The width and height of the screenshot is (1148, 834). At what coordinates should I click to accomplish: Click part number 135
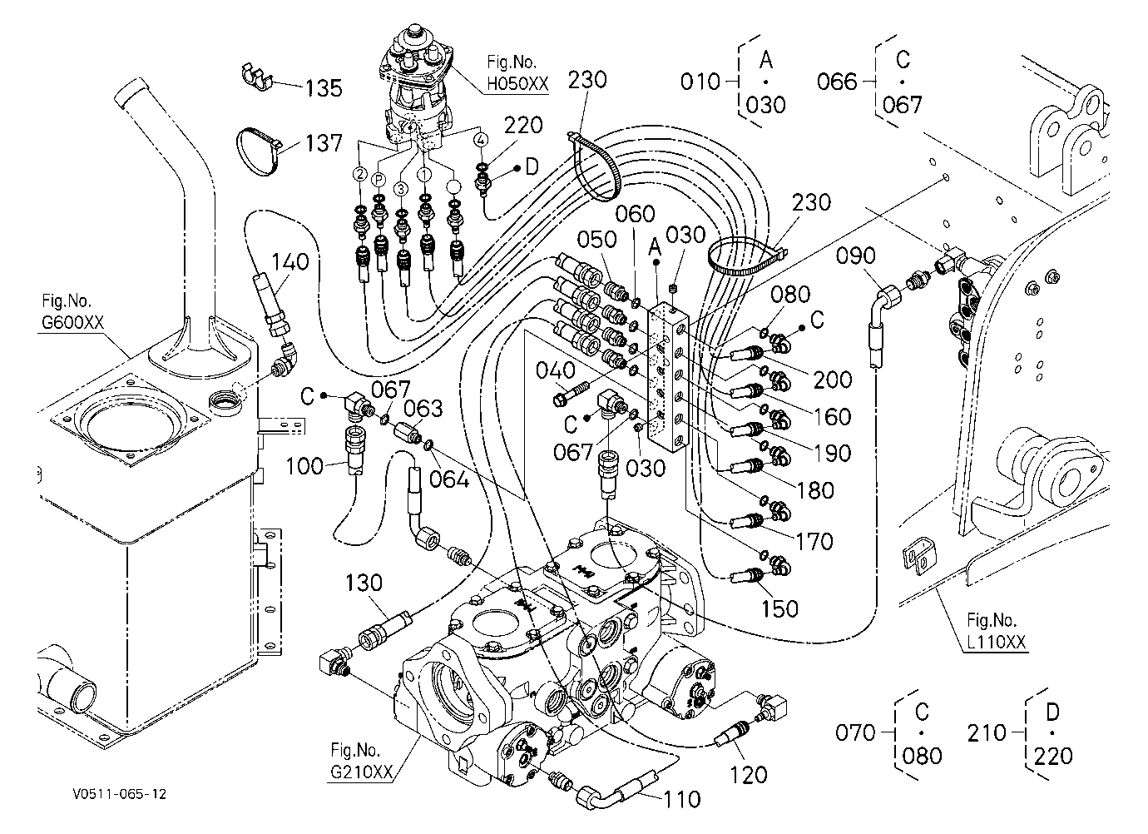click(324, 88)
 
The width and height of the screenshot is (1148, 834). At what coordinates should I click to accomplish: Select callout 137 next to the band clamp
click(324, 143)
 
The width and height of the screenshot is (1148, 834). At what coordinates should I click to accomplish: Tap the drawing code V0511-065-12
click(120, 795)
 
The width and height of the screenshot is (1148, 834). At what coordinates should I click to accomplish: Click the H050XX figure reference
click(517, 83)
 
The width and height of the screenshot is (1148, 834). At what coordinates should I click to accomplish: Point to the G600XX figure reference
click(72, 323)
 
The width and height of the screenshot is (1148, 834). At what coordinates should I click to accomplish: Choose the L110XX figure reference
click(997, 643)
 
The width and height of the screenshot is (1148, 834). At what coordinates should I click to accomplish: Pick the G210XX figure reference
click(361, 772)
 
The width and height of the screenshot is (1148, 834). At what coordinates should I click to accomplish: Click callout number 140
click(290, 262)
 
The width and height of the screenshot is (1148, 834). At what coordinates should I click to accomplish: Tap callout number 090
click(855, 256)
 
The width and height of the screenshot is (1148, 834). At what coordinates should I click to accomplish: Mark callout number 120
click(749, 776)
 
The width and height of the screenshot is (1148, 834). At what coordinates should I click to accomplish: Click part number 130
click(364, 583)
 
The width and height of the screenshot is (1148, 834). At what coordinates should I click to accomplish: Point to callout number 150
click(779, 609)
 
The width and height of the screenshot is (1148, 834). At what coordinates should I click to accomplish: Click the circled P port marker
click(379, 180)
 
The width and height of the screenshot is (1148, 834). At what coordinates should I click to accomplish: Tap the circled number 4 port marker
click(481, 139)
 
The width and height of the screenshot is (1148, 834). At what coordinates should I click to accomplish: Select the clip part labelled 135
click(256, 77)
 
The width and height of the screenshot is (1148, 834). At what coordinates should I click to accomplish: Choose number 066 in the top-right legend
click(837, 82)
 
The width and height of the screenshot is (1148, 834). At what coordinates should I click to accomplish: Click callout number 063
click(423, 410)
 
